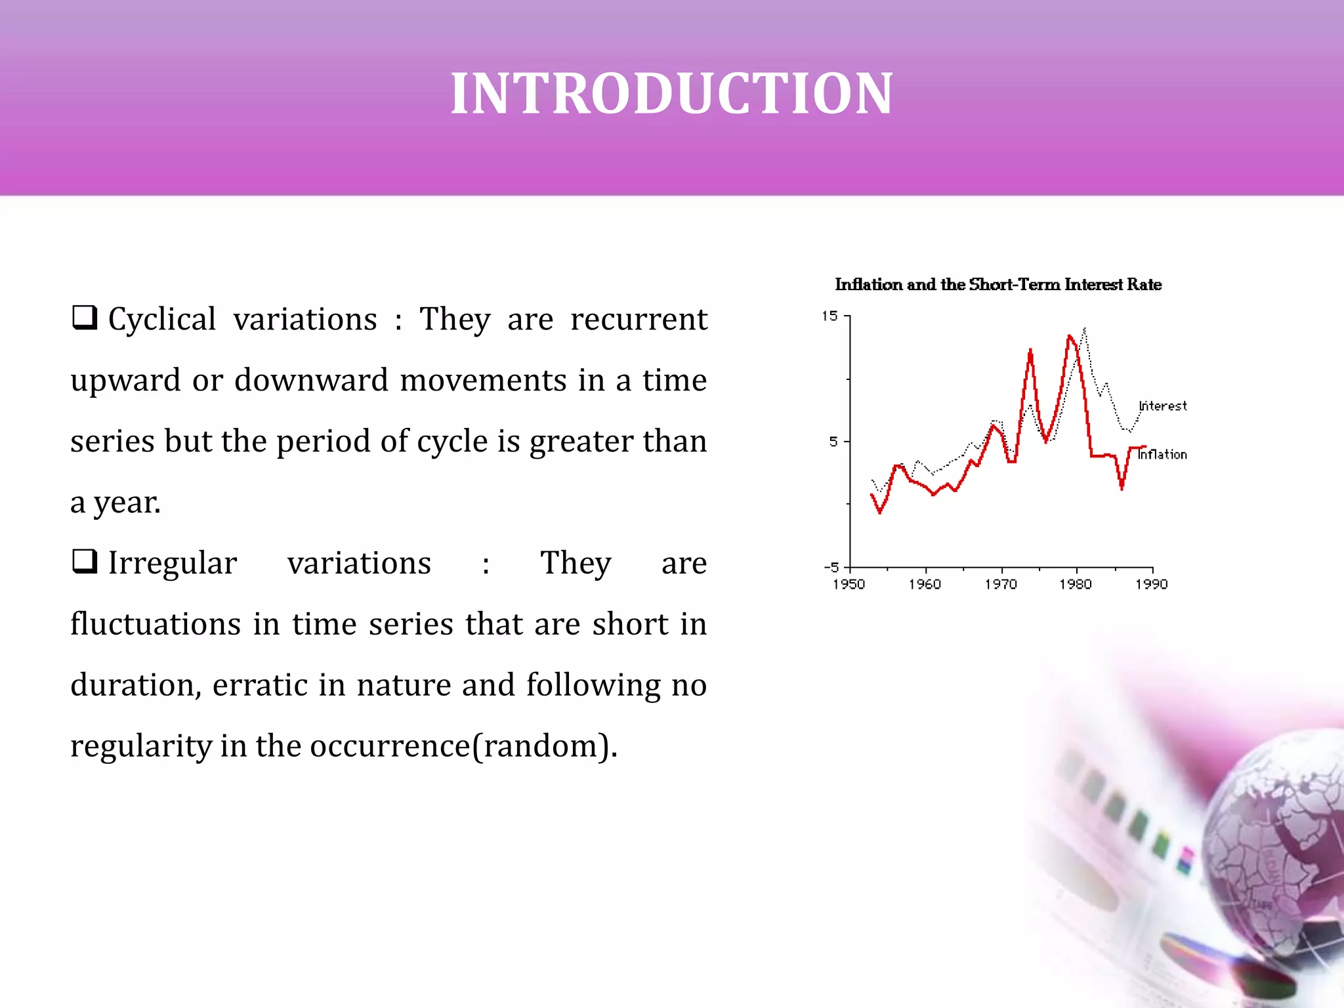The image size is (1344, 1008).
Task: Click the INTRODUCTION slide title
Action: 671,93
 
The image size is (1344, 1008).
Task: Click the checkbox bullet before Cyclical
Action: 85,318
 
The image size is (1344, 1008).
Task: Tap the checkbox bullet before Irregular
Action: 85,561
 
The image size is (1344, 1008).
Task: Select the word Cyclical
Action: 161,320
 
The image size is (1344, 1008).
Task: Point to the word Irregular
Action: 172,564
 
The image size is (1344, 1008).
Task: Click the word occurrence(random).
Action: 463,746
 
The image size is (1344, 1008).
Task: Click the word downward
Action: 311,381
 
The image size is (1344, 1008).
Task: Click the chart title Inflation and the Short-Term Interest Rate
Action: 997,285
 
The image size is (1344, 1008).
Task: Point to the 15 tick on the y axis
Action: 830,316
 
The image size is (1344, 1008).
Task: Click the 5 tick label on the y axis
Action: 833,442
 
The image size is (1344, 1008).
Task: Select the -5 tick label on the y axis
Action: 831,567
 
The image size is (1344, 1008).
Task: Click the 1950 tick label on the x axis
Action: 849,585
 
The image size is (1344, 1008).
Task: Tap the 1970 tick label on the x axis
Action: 1000,585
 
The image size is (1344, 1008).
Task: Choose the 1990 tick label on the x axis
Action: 1152,585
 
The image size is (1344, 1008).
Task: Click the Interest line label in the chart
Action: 1163,406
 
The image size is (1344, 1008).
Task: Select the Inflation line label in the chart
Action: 1162,455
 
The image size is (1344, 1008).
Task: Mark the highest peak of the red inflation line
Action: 1069,337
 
